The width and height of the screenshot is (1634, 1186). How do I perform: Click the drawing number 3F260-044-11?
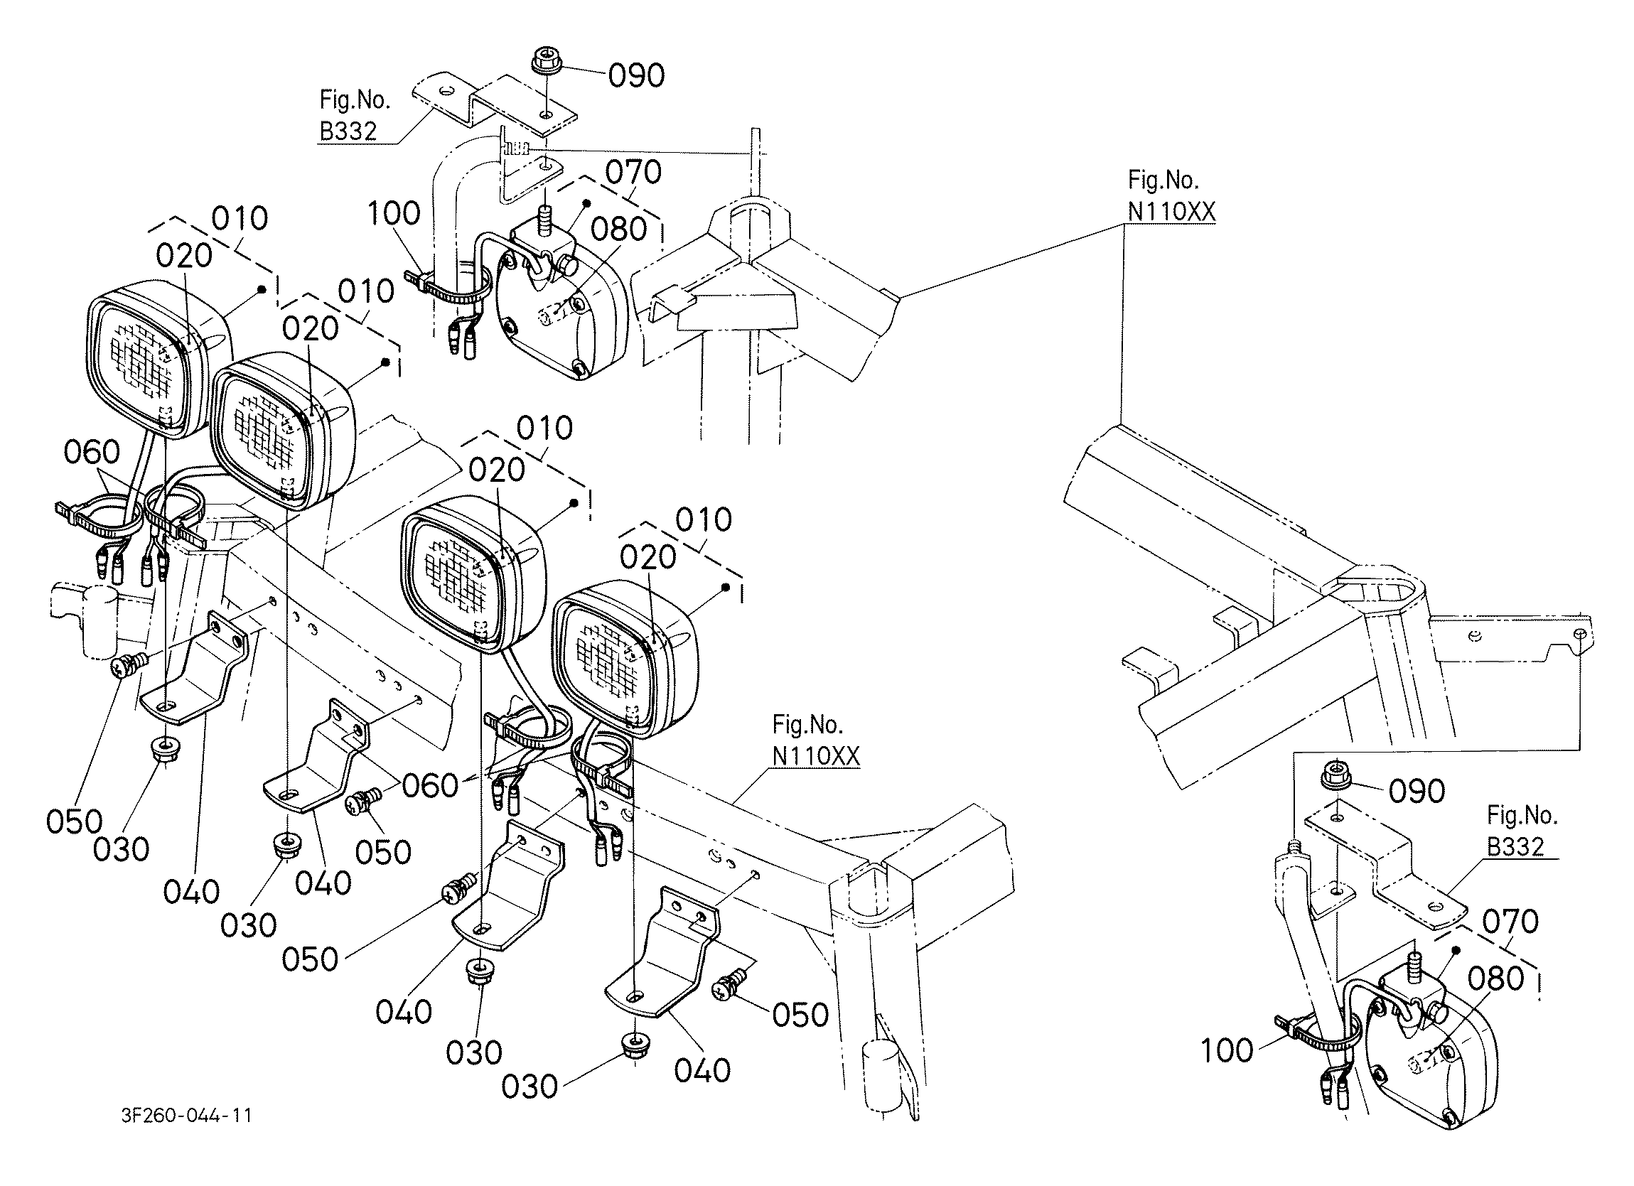click(187, 1116)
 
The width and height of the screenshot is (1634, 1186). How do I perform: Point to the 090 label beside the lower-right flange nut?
click(1417, 791)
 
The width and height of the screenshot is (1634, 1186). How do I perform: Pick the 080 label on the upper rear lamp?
click(619, 229)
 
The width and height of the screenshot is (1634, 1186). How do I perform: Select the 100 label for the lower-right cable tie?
click(1227, 1050)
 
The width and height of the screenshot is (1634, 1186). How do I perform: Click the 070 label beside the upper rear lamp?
click(633, 172)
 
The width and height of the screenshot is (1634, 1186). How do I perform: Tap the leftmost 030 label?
click(121, 848)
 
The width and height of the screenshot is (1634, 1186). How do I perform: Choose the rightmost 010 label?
click(704, 519)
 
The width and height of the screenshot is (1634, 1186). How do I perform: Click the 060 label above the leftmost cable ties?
click(92, 453)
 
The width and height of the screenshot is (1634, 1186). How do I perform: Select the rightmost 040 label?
click(702, 1071)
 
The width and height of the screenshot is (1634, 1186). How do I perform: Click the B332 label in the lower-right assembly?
click(1516, 846)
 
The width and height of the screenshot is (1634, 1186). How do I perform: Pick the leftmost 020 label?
click(184, 256)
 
